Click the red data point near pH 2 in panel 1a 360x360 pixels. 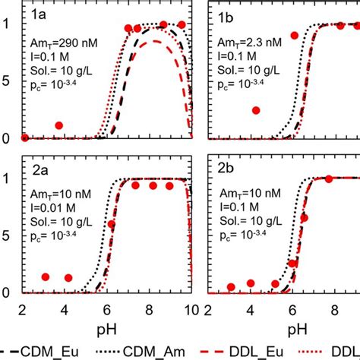[24, 137]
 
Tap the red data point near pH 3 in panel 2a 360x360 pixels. [46, 277]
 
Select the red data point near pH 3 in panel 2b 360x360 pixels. [232, 287]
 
